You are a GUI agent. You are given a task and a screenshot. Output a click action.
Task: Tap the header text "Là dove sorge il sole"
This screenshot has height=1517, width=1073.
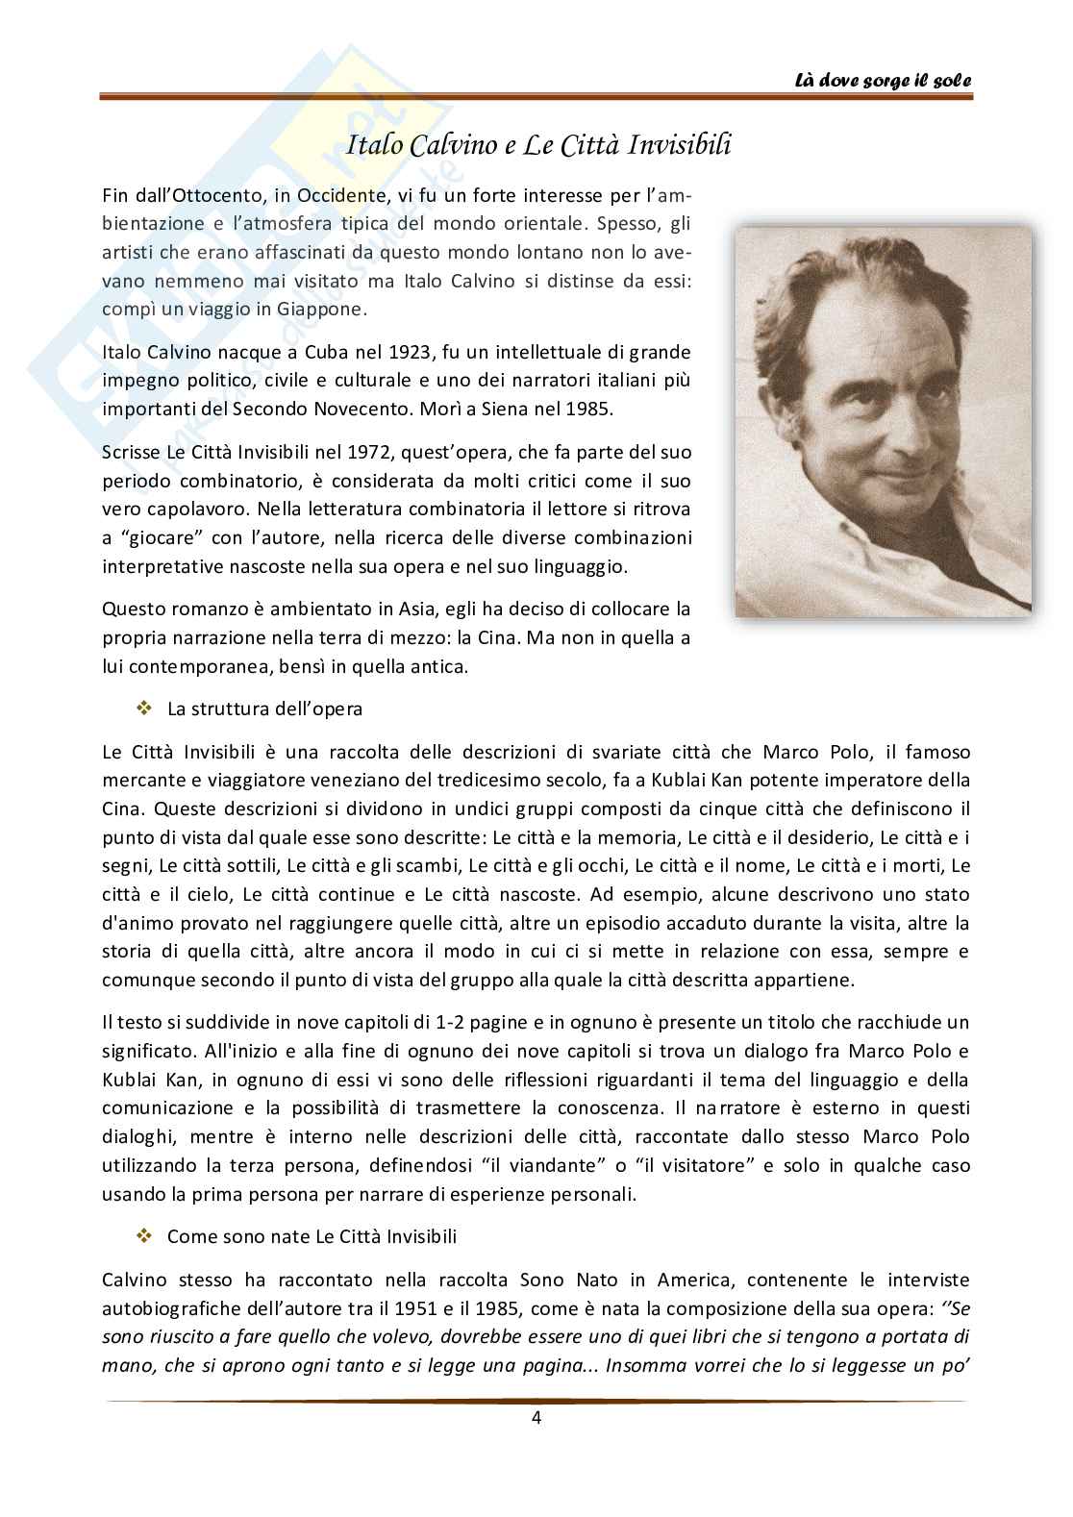(883, 81)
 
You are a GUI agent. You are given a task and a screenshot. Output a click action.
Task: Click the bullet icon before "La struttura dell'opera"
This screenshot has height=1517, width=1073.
(146, 709)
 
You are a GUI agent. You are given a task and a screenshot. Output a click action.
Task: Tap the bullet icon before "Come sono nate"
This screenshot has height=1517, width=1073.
(146, 1235)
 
